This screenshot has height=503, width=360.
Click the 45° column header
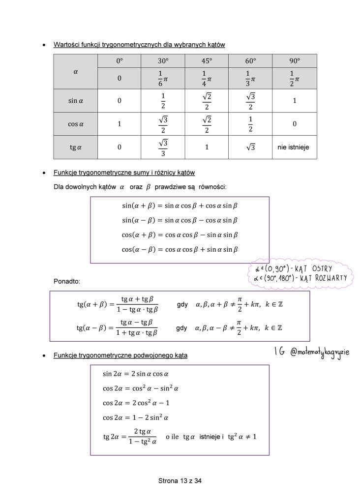pos(207,61)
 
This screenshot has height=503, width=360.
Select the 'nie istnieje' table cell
pos(294,147)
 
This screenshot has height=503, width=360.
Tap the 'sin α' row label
pos(76,101)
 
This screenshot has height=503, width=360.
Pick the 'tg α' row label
pos(76,147)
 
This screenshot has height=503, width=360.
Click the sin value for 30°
pos(163,101)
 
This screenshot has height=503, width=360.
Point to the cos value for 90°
pos(294,124)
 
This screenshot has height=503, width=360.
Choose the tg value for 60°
pos(250,147)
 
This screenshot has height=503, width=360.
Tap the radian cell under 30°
pos(163,78)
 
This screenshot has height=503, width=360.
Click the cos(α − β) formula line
pos(180,249)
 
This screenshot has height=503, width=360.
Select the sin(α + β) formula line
pos(180,205)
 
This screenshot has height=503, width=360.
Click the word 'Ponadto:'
pos(66,282)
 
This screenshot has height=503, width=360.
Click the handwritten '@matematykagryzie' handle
pos(320,353)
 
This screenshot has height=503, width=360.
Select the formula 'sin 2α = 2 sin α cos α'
pos(140,374)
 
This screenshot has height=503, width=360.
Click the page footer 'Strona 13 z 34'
pos(180,481)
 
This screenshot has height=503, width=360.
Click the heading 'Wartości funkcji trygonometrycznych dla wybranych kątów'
pos(139,45)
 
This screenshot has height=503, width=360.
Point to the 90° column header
pos(294,61)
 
